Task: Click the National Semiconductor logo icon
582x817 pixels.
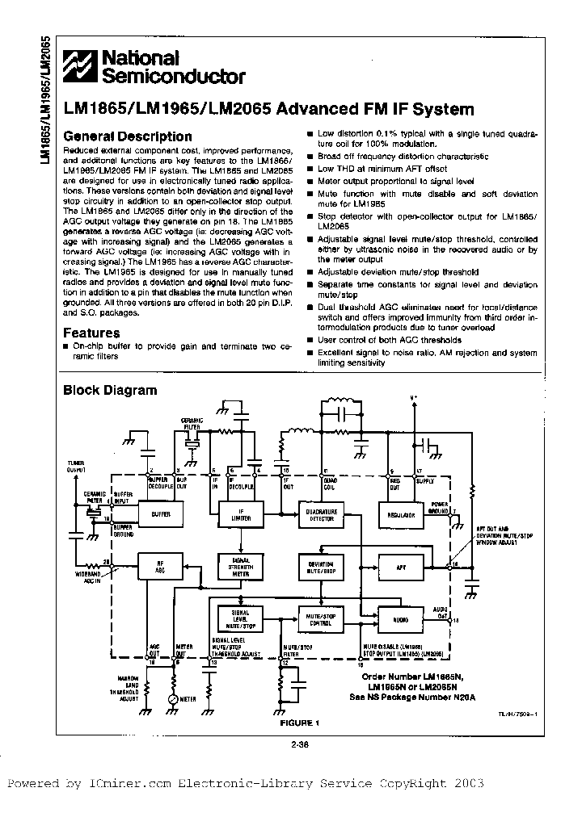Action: pos(82,66)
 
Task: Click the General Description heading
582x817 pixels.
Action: pos(128,136)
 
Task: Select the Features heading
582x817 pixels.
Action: pos(91,333)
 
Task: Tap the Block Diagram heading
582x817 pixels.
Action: pos(110,390)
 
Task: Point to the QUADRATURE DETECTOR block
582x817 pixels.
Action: pos(322,513)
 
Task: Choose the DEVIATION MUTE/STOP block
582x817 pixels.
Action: pos(322,568)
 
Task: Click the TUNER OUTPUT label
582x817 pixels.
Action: pos(75,466)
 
